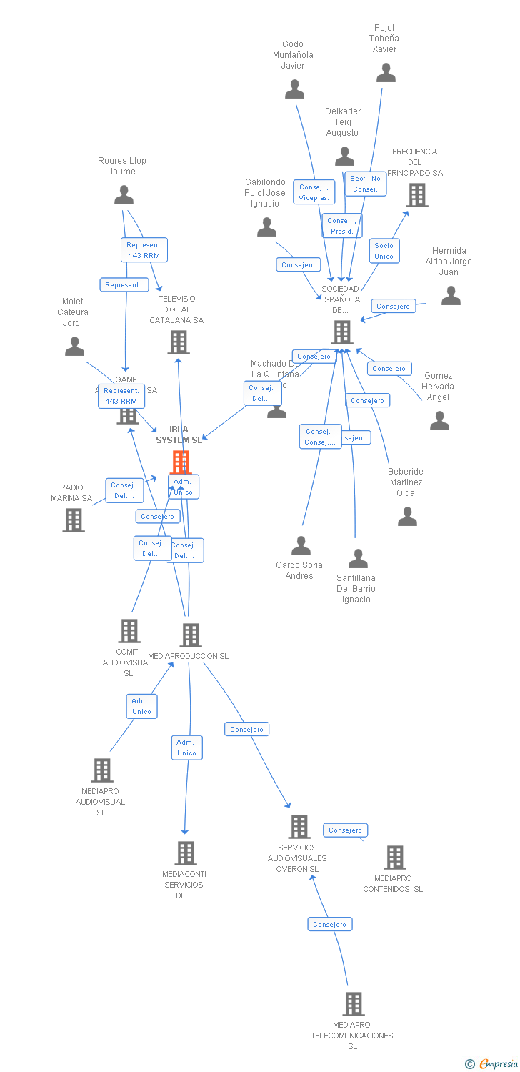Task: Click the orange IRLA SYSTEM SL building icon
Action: [x=181, y=462]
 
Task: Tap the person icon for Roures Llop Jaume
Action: [x=124, y=195]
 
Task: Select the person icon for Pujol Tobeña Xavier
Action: [x=386, y=73]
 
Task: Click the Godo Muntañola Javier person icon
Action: [x=294, y=89]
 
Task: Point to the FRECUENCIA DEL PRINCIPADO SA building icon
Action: [x=417, y=194]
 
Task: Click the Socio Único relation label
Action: [x=384, y=251]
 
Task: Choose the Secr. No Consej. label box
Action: [x=365, y=184]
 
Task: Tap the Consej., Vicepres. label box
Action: [x=314, y=192]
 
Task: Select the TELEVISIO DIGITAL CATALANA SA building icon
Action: [x=178, y=342]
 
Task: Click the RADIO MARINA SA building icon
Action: [x=74, y=520]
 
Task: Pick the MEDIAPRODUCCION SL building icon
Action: [x=190, y=635]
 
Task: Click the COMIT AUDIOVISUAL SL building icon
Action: [x=129, y=630]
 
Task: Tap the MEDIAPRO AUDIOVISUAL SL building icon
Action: [x=102, y=770]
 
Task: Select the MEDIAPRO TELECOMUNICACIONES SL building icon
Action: [x=353, y=1003]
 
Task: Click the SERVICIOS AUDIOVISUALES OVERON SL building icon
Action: [x=299, y=827]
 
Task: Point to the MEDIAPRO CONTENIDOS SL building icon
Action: [x=394, y=857]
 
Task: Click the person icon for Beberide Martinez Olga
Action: [x=407, y=516]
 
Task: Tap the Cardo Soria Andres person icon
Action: [x=301, y=546]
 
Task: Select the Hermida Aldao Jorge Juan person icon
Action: [x=451, y=295]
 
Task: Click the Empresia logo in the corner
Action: [x=492, y=1064]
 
